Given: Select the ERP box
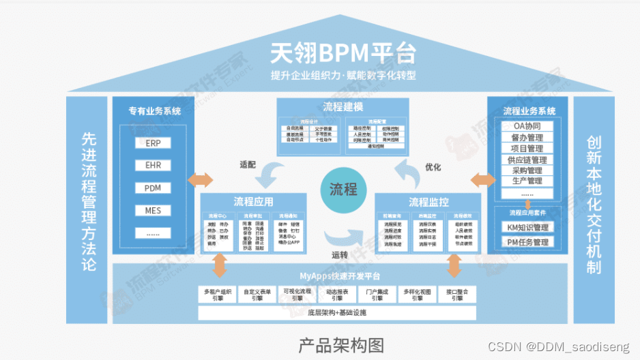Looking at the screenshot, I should [x=153, y=144].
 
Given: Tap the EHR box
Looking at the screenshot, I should [x=153, y=166].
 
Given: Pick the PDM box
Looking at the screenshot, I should [x=153, y=187].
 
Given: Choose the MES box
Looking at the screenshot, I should [x=153, y=210].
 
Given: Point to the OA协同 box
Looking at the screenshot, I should [x=527, y=126].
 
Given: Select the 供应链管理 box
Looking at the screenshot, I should [x=527, y=160].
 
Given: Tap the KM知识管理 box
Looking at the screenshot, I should [x=527, y=227].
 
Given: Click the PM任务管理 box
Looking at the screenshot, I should [x=527, y=242].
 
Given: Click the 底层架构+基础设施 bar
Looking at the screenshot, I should [x=337, y=313].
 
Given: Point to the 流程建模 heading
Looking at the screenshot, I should [x=343, y=107].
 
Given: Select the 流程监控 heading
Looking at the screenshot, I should [x=428, y=202].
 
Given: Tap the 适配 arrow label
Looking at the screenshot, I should [x=248, y=164].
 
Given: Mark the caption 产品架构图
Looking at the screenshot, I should [x=341, y=344].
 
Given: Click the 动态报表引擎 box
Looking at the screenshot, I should [x=337, y=295].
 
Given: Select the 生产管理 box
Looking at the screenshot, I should [x=527, y=181].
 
